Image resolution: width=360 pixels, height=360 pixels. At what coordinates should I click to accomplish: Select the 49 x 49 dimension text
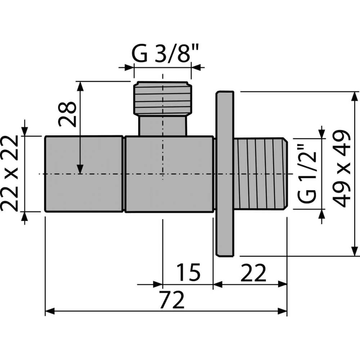pos(342,168)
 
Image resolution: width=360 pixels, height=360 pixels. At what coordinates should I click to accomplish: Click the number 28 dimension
pos(67,114)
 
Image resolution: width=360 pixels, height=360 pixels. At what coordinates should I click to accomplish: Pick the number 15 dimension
pos(189,272)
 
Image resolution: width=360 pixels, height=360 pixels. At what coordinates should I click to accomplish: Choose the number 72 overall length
pos(172,300)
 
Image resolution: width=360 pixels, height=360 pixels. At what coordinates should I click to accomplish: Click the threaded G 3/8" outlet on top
pos(163,98)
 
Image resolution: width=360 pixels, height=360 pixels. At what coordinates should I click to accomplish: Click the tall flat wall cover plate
pos(225,174)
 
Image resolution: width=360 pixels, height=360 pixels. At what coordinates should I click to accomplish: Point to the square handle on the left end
pos(84,174)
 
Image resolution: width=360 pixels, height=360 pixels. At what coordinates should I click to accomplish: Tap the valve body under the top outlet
pos(170,174)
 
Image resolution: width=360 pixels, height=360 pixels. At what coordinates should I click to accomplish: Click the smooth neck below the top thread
pos(163,125)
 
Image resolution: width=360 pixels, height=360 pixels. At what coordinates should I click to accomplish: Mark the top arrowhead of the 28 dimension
pos(80,86)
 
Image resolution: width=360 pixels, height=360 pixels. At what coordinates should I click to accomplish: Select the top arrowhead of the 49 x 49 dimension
pos(355,96)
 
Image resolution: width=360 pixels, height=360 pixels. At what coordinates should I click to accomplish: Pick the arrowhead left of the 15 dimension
pos(158,284)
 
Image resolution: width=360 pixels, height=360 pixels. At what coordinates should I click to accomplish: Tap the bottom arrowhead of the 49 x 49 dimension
pos(355,251)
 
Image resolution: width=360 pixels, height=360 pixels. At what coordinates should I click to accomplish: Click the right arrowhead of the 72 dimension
pos(282,311)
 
